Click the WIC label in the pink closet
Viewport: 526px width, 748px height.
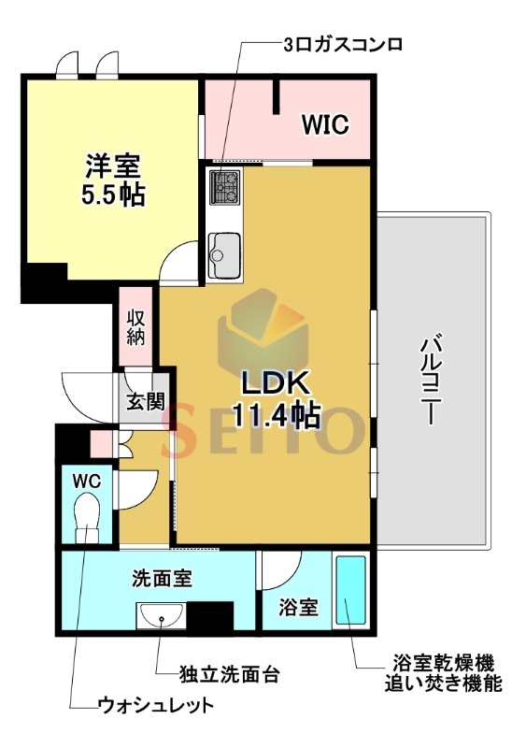[x=325, y=124]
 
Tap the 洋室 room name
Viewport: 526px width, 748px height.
[x=113, y=166]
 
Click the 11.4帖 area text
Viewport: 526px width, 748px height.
[x=276, y=414]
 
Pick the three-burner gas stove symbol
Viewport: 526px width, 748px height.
[x=225, y=188]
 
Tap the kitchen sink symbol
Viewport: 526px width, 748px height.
[x=224, y=254]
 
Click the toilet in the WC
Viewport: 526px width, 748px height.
[x=87, y=517]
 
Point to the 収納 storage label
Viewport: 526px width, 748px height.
[x=135, y=327]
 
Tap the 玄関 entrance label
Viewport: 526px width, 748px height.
[x=146, y=402]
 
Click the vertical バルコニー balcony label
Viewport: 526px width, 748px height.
[x=430, y=381]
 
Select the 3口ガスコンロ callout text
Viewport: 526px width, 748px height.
[x=343, y=45]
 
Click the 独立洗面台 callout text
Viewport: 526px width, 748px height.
[x=229, y=675]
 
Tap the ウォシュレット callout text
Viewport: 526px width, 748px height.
[x=155, y=705]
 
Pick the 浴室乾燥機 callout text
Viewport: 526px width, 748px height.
[x=443, y=663]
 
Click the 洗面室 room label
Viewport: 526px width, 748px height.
[x=162, y=578]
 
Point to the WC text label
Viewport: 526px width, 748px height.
[x=86, y=481]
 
